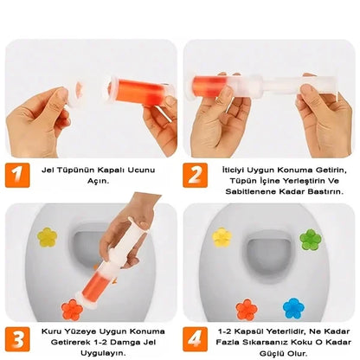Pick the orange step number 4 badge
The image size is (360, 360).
click(x=195, y=335)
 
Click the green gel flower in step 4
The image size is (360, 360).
click(x=310, y=238)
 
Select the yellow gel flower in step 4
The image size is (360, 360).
click(x=223, y=236)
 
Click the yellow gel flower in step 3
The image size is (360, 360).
click(x=46, y=236)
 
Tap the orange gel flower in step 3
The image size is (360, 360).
click(x=72, y=309)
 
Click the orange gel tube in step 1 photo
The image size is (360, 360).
click(x=130, y=88)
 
